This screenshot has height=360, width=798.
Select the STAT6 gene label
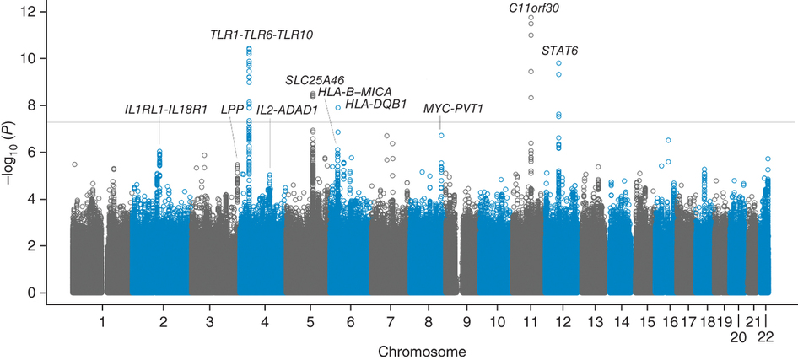click(x=559, y=51)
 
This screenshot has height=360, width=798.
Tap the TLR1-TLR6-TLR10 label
click(x=262, y=35)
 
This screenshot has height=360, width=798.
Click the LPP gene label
click(x=232, y=110)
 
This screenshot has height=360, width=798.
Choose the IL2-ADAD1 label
click(x=287, y=110)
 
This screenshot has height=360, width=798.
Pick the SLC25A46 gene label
click(x=315, y=79)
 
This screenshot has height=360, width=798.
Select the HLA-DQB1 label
click(x=376, y=105)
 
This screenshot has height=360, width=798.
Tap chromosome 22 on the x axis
click(x=765, y=338)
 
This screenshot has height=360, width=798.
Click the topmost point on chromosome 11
click(x=531, y=18)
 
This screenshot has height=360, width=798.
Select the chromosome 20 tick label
click(x=738, y=338)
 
